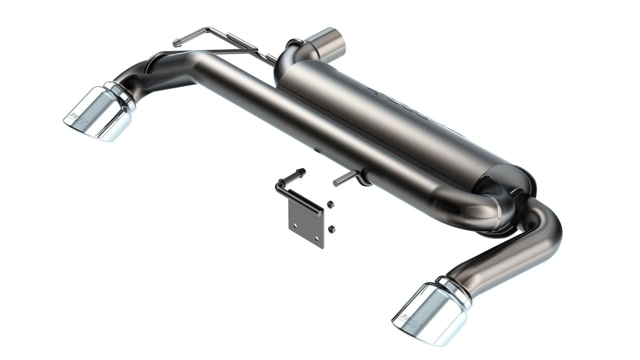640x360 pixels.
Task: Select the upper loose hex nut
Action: coord(330,204)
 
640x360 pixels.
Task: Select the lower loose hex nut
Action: coord(331,229)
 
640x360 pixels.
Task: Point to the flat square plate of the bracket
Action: coord(306,223)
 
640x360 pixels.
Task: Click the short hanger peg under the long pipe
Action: coord(345,179)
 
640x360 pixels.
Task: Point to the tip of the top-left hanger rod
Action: coord(176,43)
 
